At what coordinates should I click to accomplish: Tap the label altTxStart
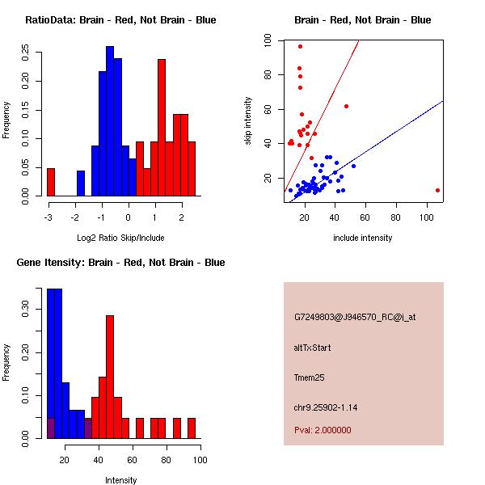tap(313, 348)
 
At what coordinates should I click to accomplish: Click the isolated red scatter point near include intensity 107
tap(437, 190)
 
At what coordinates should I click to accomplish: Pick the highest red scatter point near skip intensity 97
tap(300, 46)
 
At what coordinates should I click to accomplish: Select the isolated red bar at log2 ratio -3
tap(51, 182)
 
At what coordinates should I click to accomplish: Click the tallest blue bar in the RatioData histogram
tap(110, 121)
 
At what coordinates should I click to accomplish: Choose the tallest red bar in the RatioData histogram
tap(162, 128)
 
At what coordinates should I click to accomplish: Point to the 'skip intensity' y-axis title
tap(249, 121)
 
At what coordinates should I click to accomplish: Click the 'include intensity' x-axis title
tap(363, 238)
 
